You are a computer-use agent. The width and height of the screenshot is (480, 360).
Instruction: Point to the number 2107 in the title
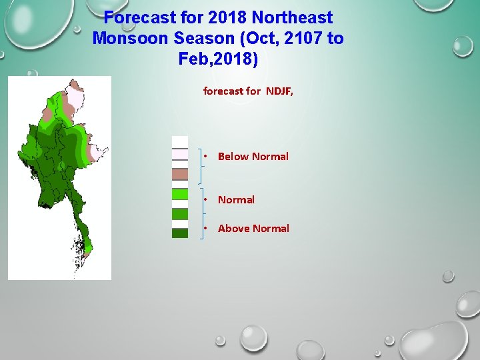(x=304, y=38)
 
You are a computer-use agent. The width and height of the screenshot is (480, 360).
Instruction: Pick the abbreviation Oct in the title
(x=259, y=38)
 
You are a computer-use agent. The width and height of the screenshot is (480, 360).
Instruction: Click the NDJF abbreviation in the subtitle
(x=279, y=91)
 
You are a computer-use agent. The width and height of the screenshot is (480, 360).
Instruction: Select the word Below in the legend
(x=233, y=157)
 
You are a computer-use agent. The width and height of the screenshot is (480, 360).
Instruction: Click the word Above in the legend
(x=234, y=229)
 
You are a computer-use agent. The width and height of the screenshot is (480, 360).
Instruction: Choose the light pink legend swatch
(x=180, y=154)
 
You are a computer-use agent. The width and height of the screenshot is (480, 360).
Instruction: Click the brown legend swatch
(x=180, y=175)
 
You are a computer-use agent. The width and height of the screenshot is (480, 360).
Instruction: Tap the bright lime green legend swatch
(x=180, y=194)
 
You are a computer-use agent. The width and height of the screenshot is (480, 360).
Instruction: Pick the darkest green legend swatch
(x=180, y=233)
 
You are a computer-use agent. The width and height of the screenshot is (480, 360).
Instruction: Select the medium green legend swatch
(x=180, y=214)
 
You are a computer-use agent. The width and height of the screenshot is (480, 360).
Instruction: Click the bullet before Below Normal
(x=207, y=157)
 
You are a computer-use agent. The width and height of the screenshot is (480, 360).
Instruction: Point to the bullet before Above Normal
(x=207, y=229)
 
